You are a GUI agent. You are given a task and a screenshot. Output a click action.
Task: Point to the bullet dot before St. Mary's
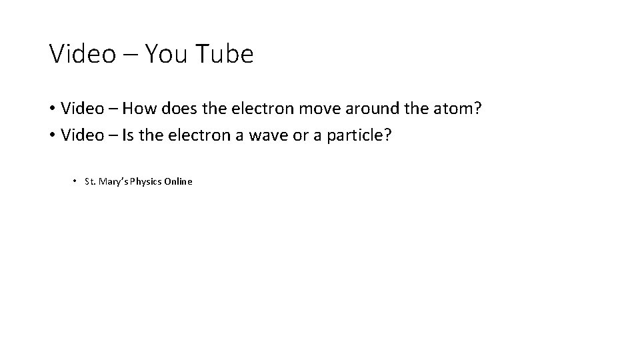point(75,181)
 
